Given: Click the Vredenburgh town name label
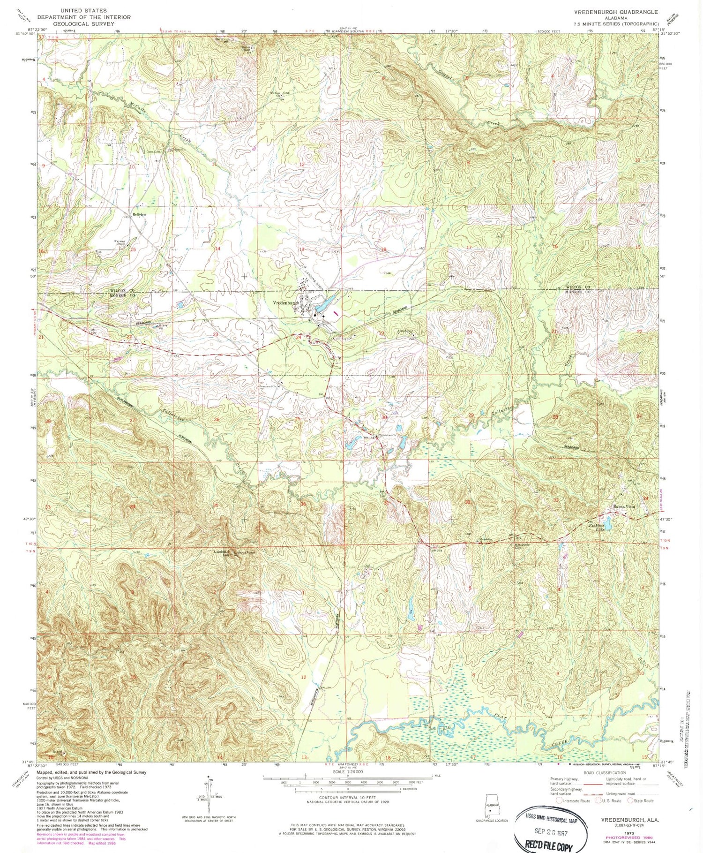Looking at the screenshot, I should pyautogui.click(x=286, y=303).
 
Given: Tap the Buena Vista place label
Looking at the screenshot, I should pyautogui.click(x=624, y=507).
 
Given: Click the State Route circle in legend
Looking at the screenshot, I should pyautogui.click(x=630, y=800).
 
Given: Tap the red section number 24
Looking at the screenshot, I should pyautogui.click(x=299, y=337).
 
